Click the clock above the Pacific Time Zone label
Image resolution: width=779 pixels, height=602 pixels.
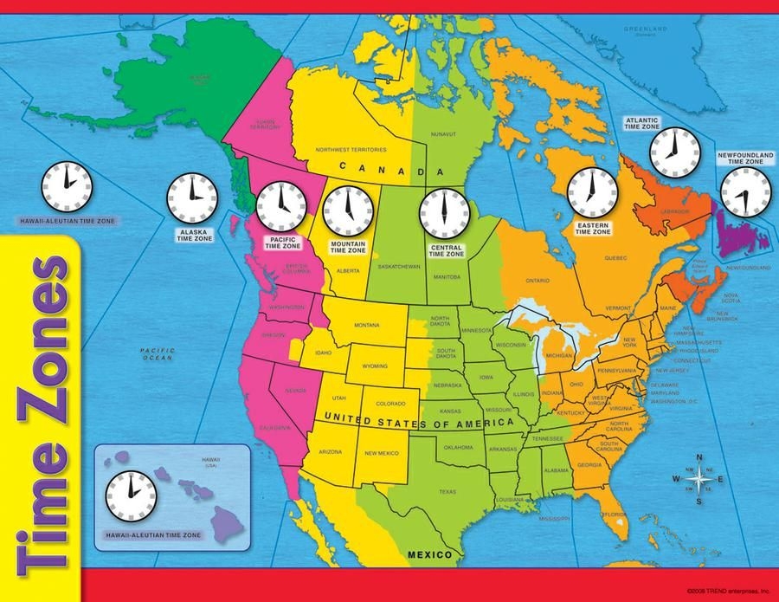point(280,206)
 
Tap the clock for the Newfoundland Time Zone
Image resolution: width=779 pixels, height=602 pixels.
point(745,192)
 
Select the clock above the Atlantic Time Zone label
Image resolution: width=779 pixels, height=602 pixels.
point(674,152)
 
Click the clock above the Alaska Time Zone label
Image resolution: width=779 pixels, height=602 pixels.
point(192,198)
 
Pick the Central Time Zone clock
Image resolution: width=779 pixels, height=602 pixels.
point(444,212)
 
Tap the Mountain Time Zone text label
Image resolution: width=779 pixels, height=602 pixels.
point(348,247)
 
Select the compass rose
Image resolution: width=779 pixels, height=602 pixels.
point(699,477)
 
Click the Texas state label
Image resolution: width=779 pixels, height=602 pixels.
point(447,492)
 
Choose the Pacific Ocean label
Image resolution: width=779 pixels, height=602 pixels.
point(158,353)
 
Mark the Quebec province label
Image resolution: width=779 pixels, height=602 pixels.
point(615,257)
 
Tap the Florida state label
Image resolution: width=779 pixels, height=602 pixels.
point(615,515)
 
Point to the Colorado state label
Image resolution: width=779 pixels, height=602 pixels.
point(390,404)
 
